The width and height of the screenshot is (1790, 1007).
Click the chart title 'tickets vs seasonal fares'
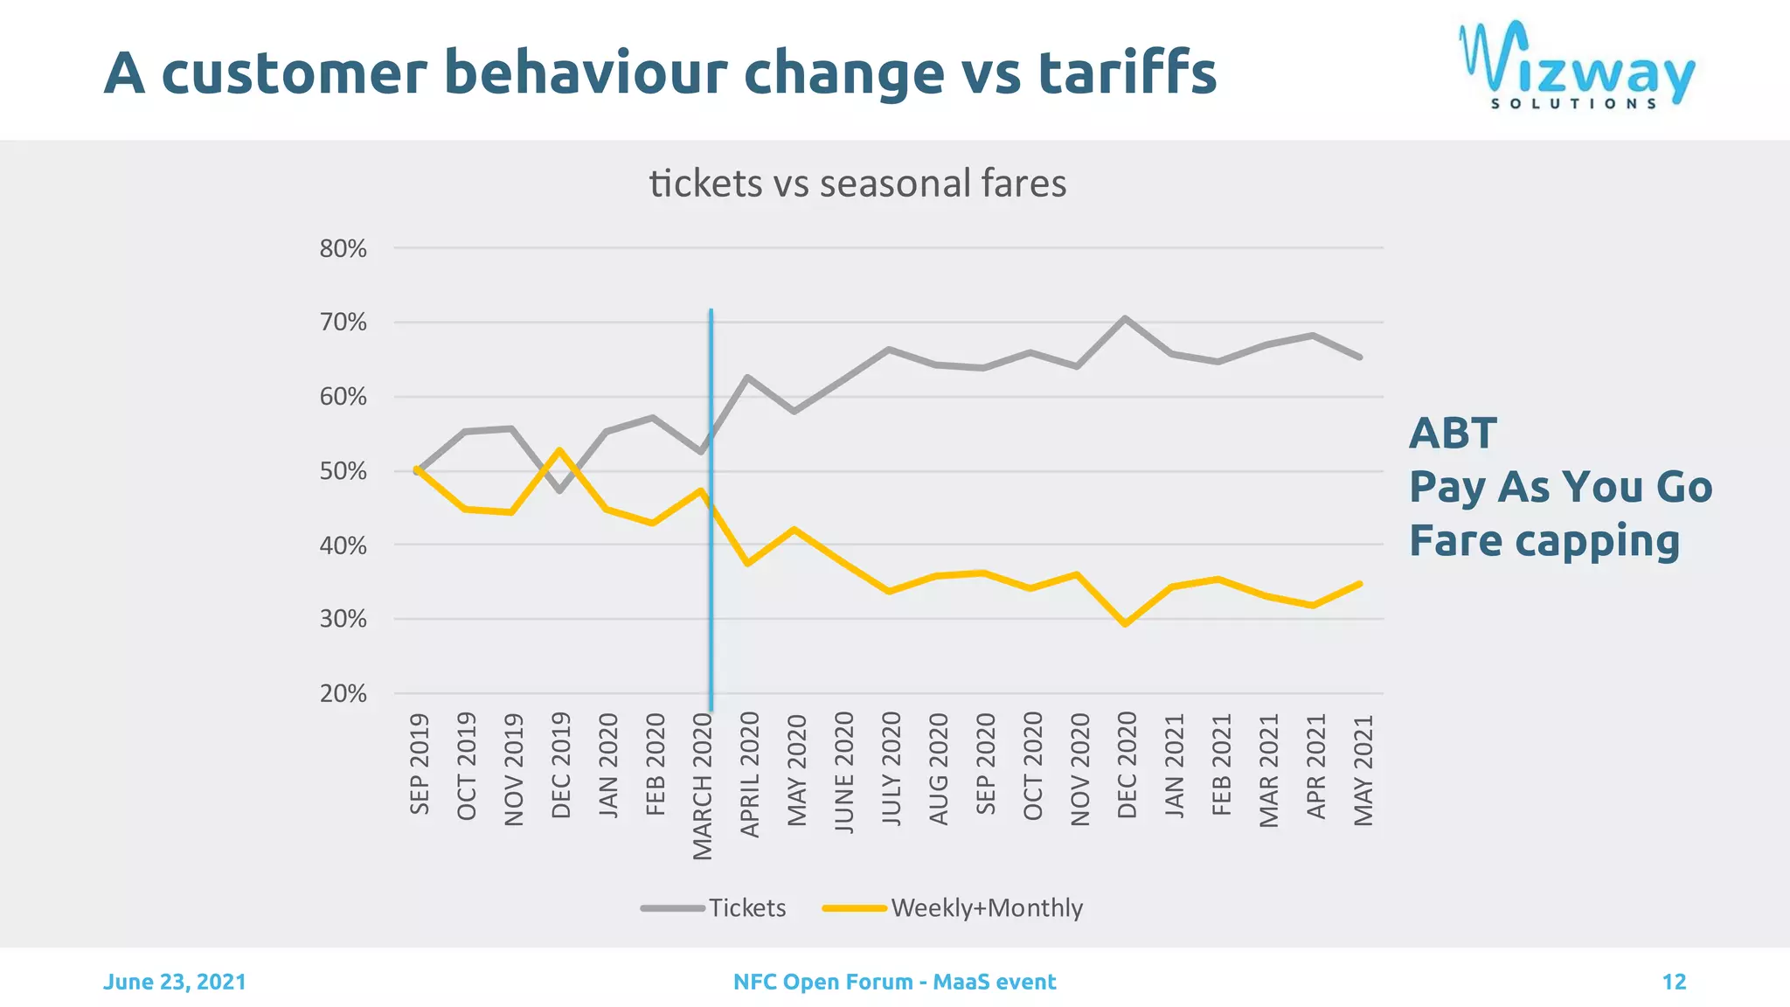[x=857, y=184]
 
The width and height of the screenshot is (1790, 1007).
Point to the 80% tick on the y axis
[x=343, y=249]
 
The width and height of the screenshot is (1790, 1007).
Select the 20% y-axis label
[x=343, y=694]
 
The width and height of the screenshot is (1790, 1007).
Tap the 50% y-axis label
[x=343, y=471]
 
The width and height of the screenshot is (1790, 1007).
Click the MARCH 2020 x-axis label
[x=703, y=786]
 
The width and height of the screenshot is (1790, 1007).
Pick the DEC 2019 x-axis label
[x=561, y=765]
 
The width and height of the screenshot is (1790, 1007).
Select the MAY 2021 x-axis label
[x=1363, y=769]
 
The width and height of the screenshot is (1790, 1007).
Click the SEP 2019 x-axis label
[x=420, y=764]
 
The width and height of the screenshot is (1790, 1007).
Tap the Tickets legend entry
[x=714, y=907]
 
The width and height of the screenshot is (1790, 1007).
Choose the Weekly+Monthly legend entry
[x=953, y=907]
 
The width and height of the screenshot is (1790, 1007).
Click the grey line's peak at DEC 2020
[x=1125, y=318]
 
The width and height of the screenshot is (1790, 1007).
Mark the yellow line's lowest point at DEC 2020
[x=1126, y=624]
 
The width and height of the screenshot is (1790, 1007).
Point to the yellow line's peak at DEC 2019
[x=559, y=450]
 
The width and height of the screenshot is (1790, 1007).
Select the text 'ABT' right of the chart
[x=1453, y=434]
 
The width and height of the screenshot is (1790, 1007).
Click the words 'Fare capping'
[x=1544, y=540]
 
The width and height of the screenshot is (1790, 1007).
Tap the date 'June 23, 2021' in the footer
[x=175, y=982]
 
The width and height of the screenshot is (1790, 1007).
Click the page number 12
[x=1673, y=982]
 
